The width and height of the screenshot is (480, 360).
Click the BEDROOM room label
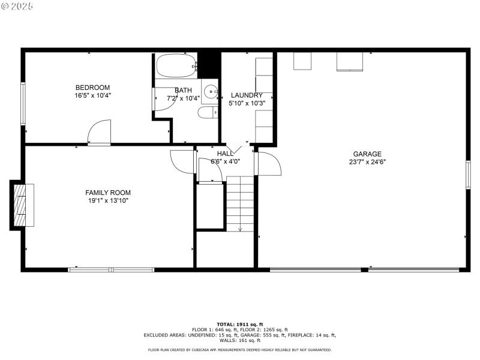click(x=92, y=88)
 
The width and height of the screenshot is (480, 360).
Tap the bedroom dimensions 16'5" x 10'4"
click(x=92, y=95)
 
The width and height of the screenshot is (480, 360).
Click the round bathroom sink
click(x=210, y=92)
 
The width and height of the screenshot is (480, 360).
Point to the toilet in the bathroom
click(x=208, y=113)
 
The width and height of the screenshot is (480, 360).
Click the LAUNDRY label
click(x=247, y=95)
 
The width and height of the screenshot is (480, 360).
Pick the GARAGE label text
click(x=367, y=154)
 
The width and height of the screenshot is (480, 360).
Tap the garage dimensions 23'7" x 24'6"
click(x=367, y=162)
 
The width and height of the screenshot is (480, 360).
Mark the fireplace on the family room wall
click(x=22, y=205)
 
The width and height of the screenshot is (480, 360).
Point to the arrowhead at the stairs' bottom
click(x=240, y=229)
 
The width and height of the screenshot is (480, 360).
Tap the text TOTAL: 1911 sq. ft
click(x=240, y=324)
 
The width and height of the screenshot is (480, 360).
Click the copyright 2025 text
click(x=17, y=6)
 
